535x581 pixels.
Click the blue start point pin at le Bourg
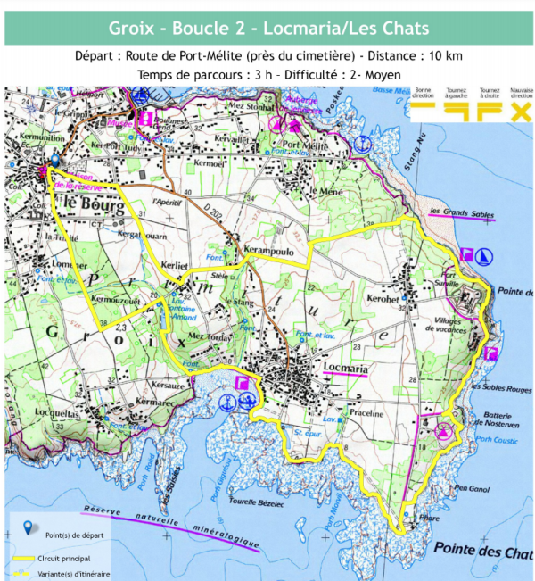tap(54, 161)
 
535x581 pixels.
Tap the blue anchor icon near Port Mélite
tap(361, 142)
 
